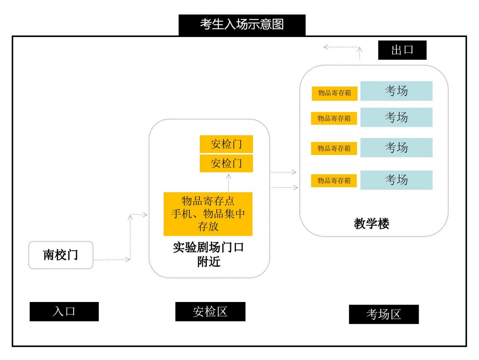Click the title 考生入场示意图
(x=242, y=25)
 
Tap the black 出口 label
(x=402, y=50)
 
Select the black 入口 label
(x=64, y=311)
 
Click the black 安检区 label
(x=210, y=311)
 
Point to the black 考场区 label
(x=384, y=314)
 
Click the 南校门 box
(x=61, y=255)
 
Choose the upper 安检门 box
(x=226, y=144)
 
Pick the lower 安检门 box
(x=226, y=163)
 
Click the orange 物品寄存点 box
(x=208, y=214)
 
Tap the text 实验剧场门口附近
(x=208, y=255)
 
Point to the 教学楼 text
(x=371, y=224)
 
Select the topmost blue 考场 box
(x=396, y=91)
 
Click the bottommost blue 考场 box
(x=396, y=180)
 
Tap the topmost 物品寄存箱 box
(x=334, y=93)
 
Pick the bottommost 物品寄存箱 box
(x=334, y=181)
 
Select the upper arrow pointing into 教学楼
(x=283, y=172)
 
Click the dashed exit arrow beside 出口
(x=342, y=47)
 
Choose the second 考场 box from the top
(x=396, y=117)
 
